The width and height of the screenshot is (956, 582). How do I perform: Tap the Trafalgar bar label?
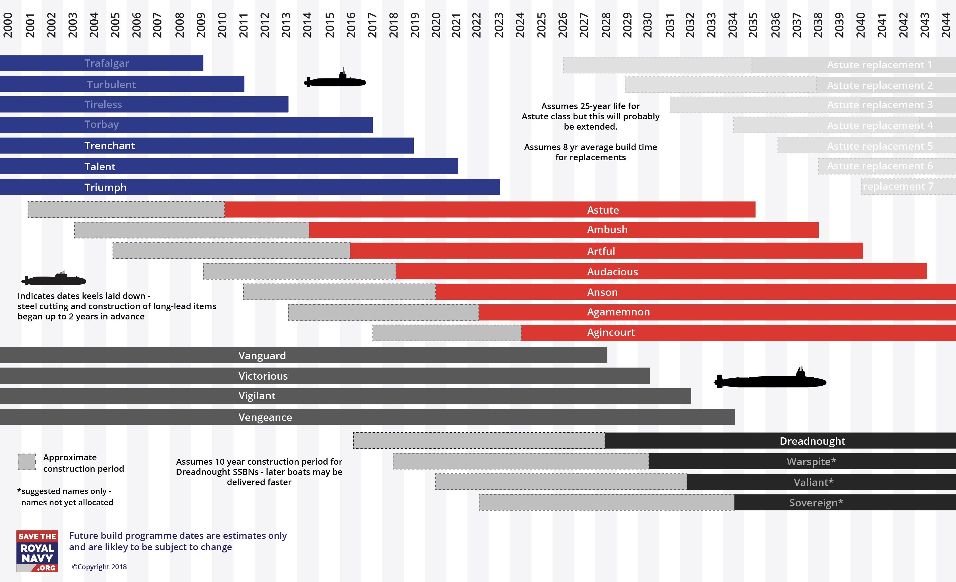point(107,63)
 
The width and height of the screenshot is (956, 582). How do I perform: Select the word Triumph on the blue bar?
point(105,187)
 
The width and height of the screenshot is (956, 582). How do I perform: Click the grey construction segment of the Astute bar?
point(126,209)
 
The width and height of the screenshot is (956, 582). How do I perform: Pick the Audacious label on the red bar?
point(612,272)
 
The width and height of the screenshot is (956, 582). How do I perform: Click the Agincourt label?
point(611,332)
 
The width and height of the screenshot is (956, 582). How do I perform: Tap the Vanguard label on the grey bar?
point(262,356)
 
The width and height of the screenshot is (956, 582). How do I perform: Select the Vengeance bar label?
point(265,417)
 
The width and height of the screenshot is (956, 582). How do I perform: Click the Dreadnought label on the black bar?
point(812,441)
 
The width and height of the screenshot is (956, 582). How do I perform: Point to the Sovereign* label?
point(816,503)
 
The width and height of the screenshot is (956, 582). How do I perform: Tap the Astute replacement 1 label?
point(880,65)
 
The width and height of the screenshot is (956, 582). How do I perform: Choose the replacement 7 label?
point(898,186)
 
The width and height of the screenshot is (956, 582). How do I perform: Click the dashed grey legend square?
point(27,462)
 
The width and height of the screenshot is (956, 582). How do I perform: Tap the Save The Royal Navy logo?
point(37,551)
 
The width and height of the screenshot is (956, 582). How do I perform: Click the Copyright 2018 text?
point(99,567)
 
